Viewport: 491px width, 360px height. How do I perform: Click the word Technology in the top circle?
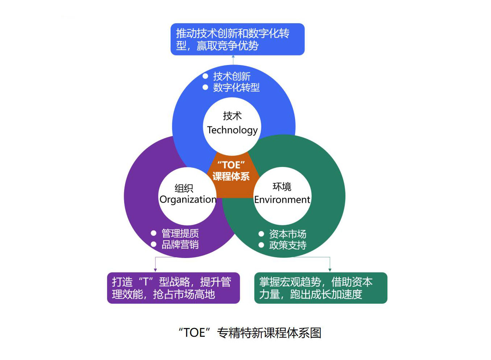click(x=232, y=130)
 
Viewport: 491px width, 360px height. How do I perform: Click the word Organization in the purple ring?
click(x=188, y=200)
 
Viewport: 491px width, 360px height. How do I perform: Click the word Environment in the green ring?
click(x=282, y=200)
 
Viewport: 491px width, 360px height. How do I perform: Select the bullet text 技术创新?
click(x=232, y=77)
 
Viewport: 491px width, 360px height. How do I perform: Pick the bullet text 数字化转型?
click(x=236, y=87)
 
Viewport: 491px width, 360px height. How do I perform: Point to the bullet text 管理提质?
click(x=180, y=233)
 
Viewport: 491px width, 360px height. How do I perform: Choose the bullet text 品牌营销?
click(x=180, y=245)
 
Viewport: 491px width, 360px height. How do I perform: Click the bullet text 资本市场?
click(x=287, y=234)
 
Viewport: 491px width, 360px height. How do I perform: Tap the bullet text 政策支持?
click(x=287, y=245)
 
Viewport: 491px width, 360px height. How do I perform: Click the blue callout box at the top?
click(x=237, y=39)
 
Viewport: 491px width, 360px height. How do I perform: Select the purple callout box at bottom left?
click(x=173, y=288)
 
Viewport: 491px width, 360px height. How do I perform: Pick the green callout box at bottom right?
click(x=321, y=288)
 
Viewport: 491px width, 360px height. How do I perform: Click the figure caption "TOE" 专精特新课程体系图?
click(x=250, y=333)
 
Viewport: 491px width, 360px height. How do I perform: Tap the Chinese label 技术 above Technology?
click(x=232, y=116)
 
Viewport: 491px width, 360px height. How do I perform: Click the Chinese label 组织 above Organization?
click(x=184, y=188)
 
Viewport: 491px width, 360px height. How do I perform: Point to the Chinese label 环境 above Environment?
click(x=282, y=187)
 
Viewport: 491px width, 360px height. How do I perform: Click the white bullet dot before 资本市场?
click(x=261, y=234)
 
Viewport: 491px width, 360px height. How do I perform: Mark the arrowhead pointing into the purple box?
click(x=155, y=270)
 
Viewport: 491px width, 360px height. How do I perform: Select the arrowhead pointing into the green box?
click(x=330, y=270)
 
